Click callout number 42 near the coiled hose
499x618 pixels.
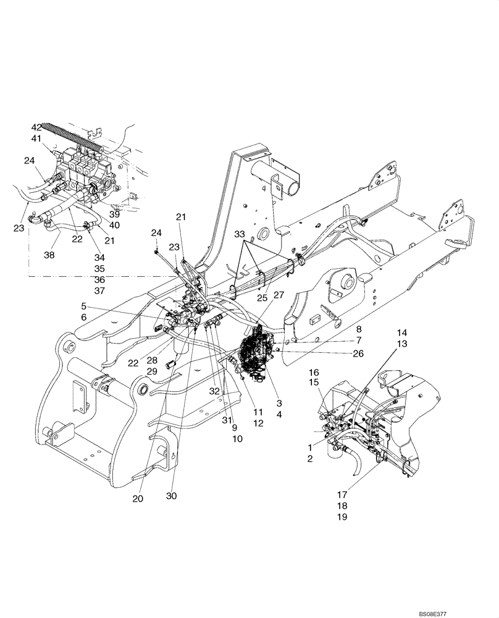click(x=37, y=127)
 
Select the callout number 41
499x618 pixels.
click(x=37, y=138)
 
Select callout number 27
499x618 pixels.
click(x=279, y=295)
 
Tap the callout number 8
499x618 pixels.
click(x=358, y=330)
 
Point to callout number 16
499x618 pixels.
click(x=314, y=373)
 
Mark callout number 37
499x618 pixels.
click(x=99, y=291)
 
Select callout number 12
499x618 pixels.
click(x=258, y=423)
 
